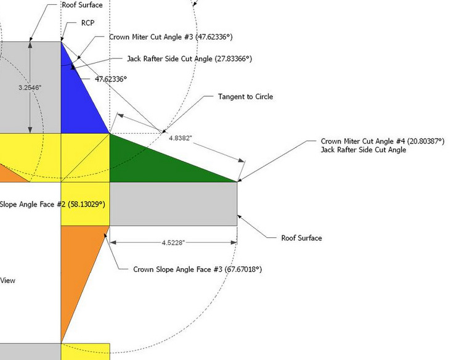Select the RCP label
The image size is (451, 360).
[87, 23]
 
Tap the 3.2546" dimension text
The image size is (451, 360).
[30, 88]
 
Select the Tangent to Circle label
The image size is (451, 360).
[245, 97]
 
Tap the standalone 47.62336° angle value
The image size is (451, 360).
[111, 79]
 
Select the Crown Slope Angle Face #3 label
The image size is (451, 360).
[193, 269]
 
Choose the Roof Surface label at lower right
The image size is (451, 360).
[301, 238]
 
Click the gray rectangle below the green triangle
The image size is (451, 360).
[173, 204]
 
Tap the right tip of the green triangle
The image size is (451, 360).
[237, 181]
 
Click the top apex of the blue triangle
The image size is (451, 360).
[62, 43]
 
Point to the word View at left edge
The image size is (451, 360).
[7, 280]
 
